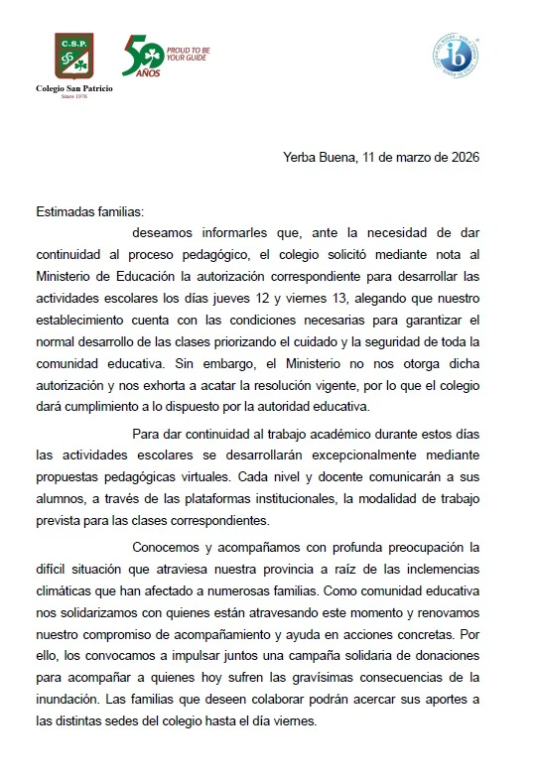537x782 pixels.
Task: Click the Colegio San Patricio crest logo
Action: [74, 59]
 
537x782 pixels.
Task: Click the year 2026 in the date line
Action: [464, 157]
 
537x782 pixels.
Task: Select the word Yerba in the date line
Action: [299, 157]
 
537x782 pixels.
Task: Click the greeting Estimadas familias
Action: [89, 212]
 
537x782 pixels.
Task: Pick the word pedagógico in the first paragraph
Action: [222, 257]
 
